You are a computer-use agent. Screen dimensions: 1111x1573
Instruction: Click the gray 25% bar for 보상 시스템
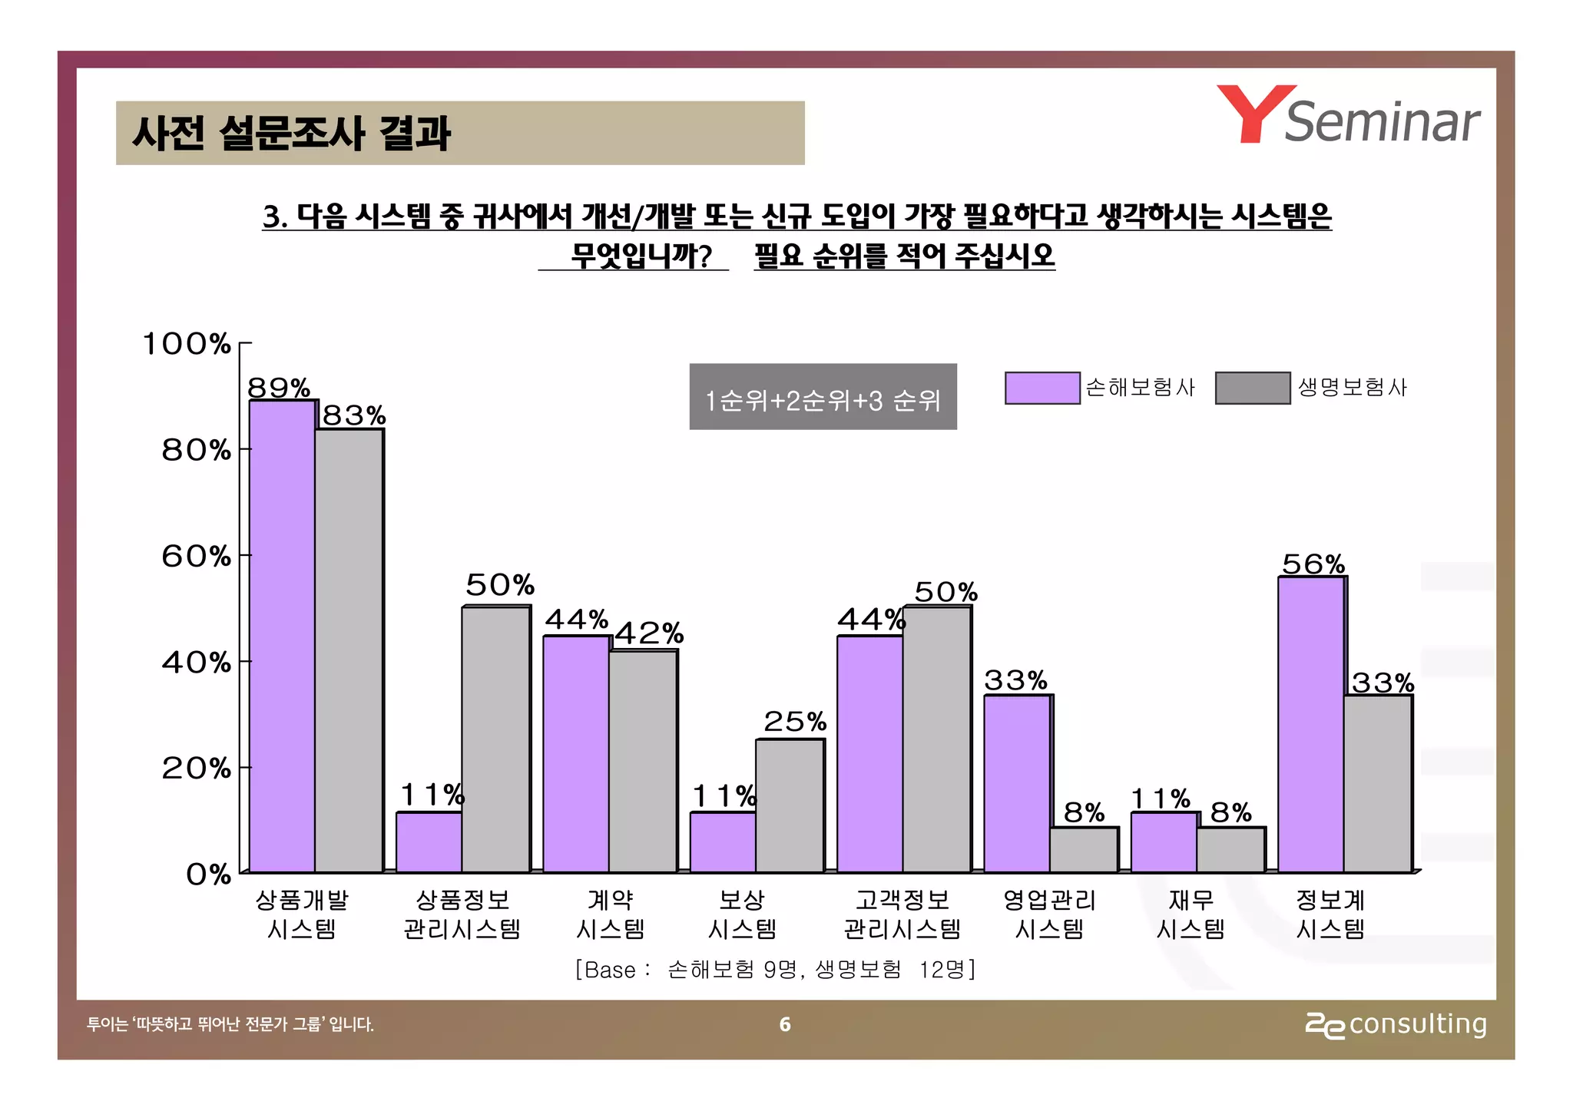click(x=790, y=805)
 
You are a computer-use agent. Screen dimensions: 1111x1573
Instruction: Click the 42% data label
click(x=649, y=633)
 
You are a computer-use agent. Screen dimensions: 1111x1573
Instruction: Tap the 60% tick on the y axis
click(x=196, y=556)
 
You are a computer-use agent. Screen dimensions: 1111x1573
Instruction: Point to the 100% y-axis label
click(x=187, y=343)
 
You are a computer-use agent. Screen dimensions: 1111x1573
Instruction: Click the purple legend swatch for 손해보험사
click(x=1042, y=388)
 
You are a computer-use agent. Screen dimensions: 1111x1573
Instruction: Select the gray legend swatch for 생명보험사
click(x=1252, y=388)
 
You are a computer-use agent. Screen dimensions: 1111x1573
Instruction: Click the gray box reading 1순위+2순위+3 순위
click(x=823, y=397)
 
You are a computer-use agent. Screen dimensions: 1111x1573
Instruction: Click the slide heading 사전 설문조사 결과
click(x=292, y=133)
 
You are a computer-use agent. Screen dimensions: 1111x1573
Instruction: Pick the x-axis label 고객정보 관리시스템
click(x=902, y=914)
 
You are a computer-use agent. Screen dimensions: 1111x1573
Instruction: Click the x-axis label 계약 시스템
click(x=610, y=914)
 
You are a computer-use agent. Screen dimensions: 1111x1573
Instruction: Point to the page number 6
click(x=784, y=1024)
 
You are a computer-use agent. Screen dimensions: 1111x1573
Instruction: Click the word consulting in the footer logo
click(x=1417, y=1023)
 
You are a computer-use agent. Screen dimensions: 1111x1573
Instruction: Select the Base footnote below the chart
click(x=775, y=970)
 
